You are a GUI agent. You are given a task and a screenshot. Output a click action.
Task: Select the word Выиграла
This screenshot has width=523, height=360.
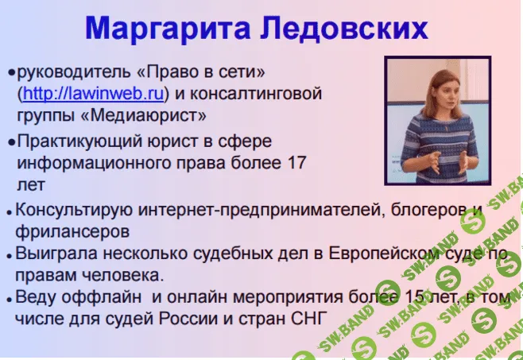pos(54,255)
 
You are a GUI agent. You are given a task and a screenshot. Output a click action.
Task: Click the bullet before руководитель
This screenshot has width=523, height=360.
pos(11,73)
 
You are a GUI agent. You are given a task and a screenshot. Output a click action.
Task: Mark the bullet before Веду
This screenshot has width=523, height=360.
pos(9,300)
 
